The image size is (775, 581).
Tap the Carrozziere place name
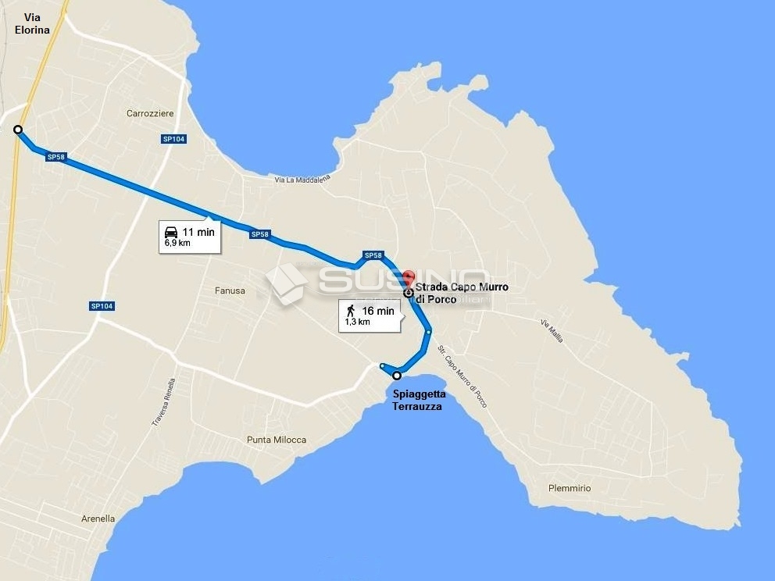coord(150,114)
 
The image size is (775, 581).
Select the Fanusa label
coord(230,291)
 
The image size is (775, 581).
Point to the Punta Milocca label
coord(277,440)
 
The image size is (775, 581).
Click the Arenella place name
coord(98,519)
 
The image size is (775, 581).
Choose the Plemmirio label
coord(570,488)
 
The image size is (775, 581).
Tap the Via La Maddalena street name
coord(302,180)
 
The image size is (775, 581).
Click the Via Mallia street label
coord(552,331)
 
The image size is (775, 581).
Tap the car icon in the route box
coord(170,232)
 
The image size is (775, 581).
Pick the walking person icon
coord(352,311)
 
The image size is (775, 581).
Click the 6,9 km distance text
coord(177,243)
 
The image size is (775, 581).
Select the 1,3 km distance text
coord(357,322)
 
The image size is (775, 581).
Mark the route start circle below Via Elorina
coord(17,130)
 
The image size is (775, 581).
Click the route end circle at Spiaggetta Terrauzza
coord(397,376)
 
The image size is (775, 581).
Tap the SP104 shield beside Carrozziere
coord(173,139)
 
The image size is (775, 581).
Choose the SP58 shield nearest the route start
coord(55,157)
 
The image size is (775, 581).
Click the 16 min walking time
coord(378,311)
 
